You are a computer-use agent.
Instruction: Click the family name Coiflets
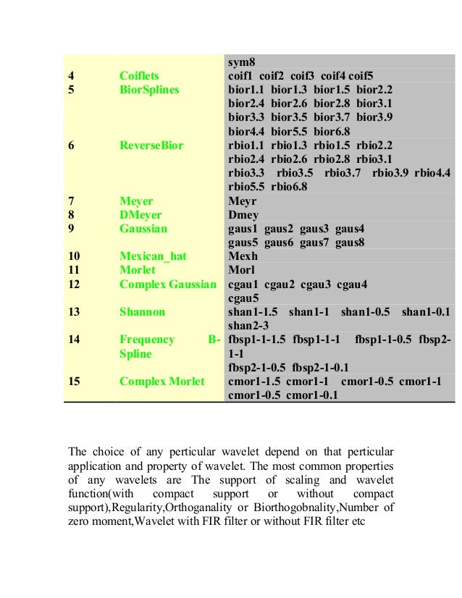click(140, 76)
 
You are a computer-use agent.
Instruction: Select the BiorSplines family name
click(148, 90)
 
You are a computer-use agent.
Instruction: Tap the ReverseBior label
click(151, 146)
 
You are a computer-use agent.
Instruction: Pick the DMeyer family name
click(140, 214)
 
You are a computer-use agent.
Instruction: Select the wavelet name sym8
click(241, 62)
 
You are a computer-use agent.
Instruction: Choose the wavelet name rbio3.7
click(343, 173)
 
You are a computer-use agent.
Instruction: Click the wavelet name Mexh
click(243, 256)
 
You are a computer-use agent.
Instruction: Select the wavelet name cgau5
click(243, 298)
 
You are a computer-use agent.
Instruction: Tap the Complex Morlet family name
click(162, 381)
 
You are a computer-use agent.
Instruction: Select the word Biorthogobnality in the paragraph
click(298, 506)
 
